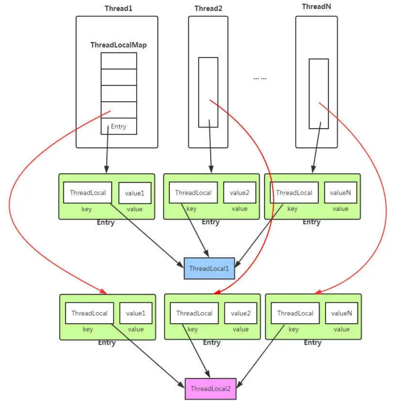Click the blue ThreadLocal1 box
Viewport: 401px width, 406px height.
coord(209,268)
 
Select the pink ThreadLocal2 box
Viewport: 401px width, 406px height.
coord(210,389)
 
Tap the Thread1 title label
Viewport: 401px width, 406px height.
coord(118,8)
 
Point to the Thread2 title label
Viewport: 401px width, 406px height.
coord(208,8)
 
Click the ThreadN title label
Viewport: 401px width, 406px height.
coord(316,7)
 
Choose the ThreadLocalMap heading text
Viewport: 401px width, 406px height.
coord(118,45)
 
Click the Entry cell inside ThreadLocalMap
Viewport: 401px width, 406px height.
coord(119,126)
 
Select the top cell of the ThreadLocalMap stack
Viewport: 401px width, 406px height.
coord(119,61)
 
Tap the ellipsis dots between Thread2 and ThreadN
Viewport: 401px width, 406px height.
coord(260,78)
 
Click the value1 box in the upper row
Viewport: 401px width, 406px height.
coord(135,193)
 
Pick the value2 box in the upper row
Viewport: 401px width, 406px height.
coord(239,193)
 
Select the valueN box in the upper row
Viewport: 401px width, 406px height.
coord(340,193)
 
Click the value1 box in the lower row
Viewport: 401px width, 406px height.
coord(136,313)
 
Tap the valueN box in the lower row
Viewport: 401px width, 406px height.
coord(341,313)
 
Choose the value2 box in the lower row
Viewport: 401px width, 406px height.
coord(240,313)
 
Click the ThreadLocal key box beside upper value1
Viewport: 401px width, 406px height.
coord(88,193)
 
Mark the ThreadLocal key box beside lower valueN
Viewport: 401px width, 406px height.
coord(295,313)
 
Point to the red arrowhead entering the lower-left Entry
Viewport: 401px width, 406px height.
coord(103,291)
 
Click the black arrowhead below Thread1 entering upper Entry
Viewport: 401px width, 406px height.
coord(106,170)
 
